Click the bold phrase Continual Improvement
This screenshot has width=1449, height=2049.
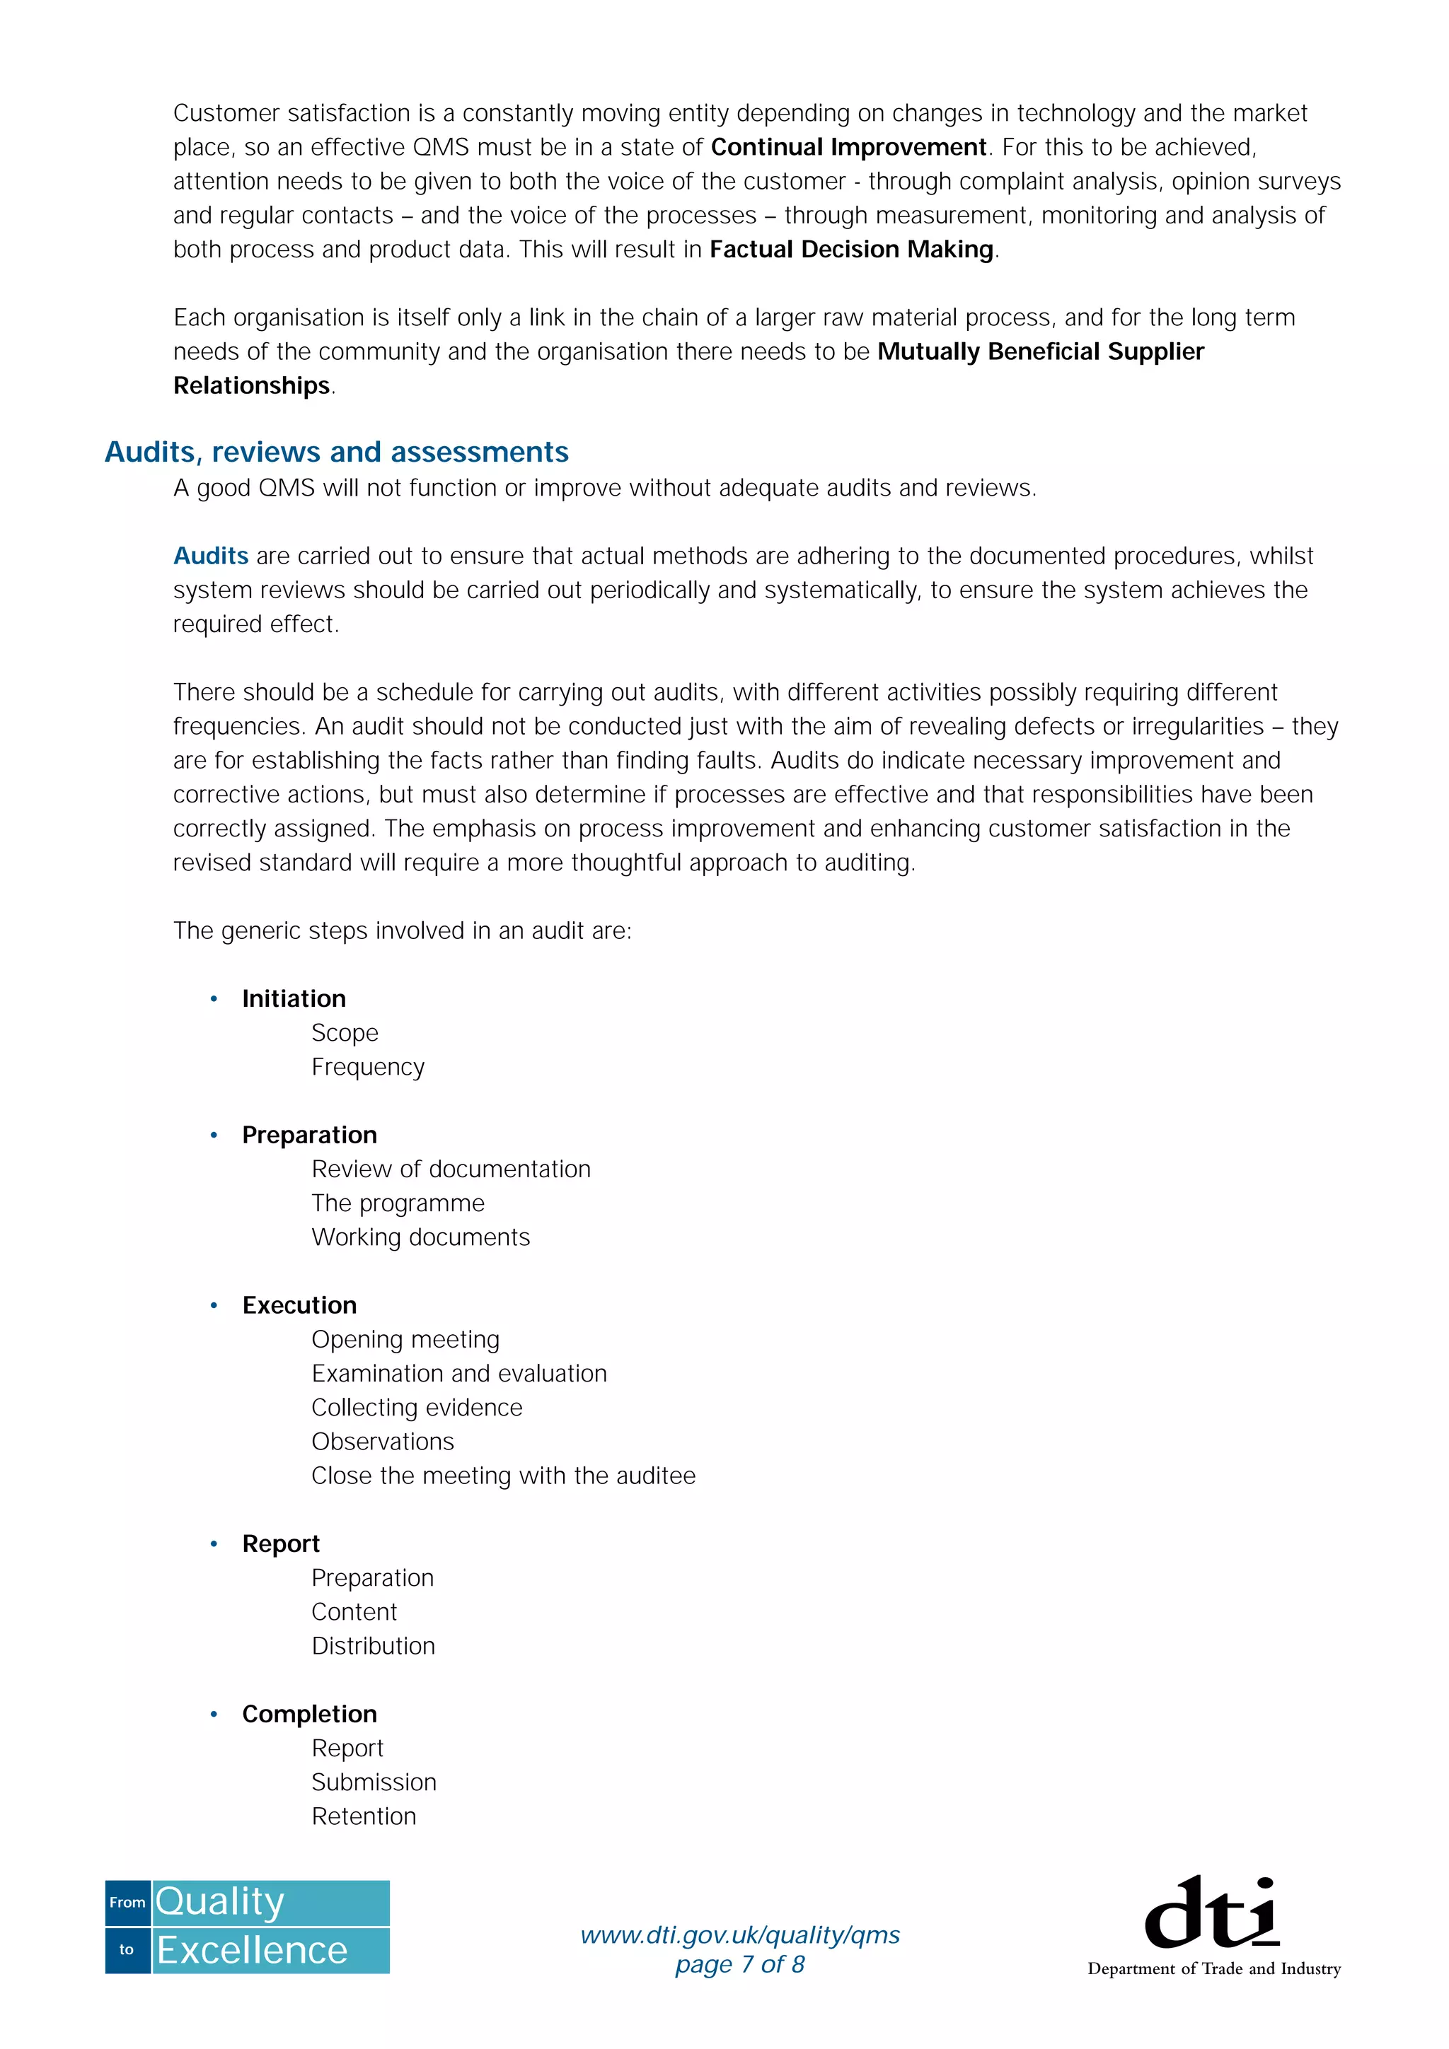[x=848, y=147]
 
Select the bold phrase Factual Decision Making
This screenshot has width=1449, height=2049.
[x=851, y=250]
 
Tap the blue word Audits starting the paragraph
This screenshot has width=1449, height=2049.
[x=211, y=556]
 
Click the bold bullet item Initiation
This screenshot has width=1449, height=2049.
[x=294, y=998]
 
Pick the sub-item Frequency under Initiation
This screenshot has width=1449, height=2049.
[x=368, y=1068]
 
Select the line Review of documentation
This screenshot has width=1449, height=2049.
[x=451, y=1169]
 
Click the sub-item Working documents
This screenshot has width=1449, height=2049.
[x=420, y=1238]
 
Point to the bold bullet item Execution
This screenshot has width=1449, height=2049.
[x=299, y=1306]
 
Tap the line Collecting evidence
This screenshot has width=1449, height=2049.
[x=417, y=1408]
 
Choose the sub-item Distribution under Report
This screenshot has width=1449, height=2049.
[x=373, y=1647]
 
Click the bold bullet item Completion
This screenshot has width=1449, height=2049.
[x=309, y=1715]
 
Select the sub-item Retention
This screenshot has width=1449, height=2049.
[x=364, y=1817]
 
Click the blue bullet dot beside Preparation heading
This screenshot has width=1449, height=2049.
[x=214, y=1136]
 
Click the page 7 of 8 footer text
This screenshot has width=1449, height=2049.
[x=740, y=1964]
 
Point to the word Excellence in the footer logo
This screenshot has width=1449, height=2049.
[x=252, y=1951]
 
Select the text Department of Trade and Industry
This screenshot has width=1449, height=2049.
[x=1213, y=1968]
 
